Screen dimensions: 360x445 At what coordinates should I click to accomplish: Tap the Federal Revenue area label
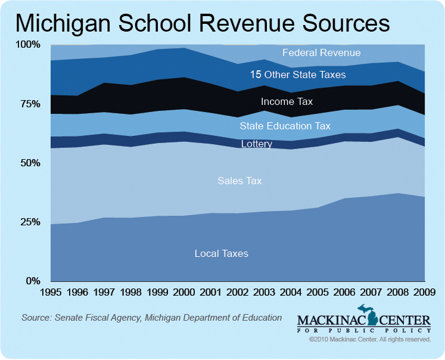(321, 52)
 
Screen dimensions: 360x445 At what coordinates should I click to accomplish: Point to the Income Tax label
(287, 102)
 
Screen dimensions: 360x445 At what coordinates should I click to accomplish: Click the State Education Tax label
(285, 126)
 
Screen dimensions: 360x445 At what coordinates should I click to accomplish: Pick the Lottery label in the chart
(256, 144)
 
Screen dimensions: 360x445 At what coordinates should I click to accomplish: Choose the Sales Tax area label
(239, 181)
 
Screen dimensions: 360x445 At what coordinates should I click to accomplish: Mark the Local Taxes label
(221, 253)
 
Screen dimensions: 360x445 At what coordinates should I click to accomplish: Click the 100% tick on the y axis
(27, 45)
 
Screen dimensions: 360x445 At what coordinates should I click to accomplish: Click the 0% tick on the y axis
(32, 281)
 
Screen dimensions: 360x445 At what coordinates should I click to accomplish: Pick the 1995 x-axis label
(51, 293)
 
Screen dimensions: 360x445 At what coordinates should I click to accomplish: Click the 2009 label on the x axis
(424, 293)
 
